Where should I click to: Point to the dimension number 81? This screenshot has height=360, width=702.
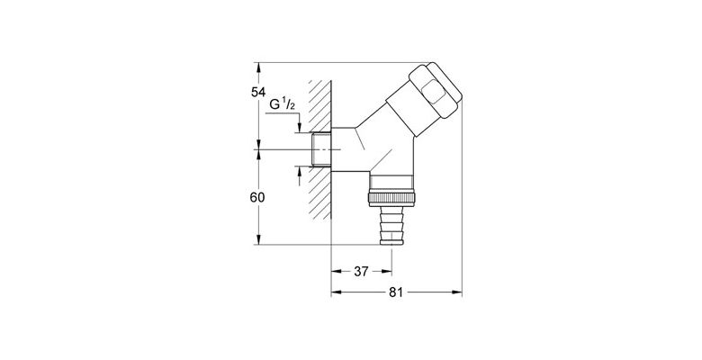tap(397, 292)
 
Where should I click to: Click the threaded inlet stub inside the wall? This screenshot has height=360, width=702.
tap(319, 148)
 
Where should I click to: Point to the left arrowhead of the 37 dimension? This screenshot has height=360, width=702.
tap(336, 270)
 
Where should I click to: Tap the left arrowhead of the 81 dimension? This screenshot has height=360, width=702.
tap(336, 292)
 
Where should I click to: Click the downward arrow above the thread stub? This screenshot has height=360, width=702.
tap(296, 128)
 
